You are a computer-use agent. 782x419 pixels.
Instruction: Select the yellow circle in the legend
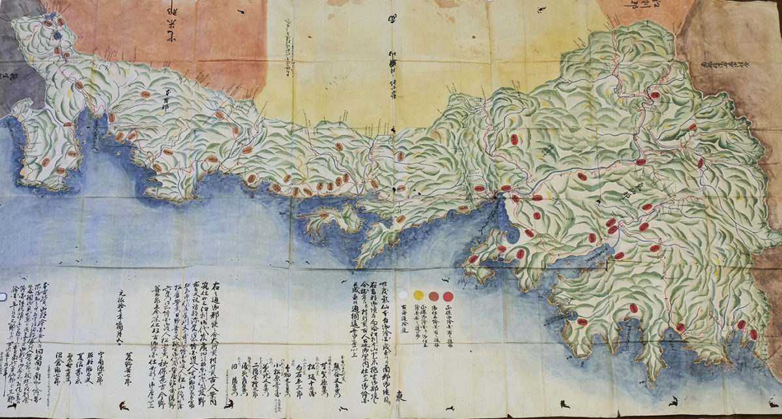pyautogui.click(x=419, y=295)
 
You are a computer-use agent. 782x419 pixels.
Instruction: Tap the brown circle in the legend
pyautogui.click(x=433, y=296)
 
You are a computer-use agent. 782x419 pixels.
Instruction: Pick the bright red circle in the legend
pyautogui.click(x=448, y=296)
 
